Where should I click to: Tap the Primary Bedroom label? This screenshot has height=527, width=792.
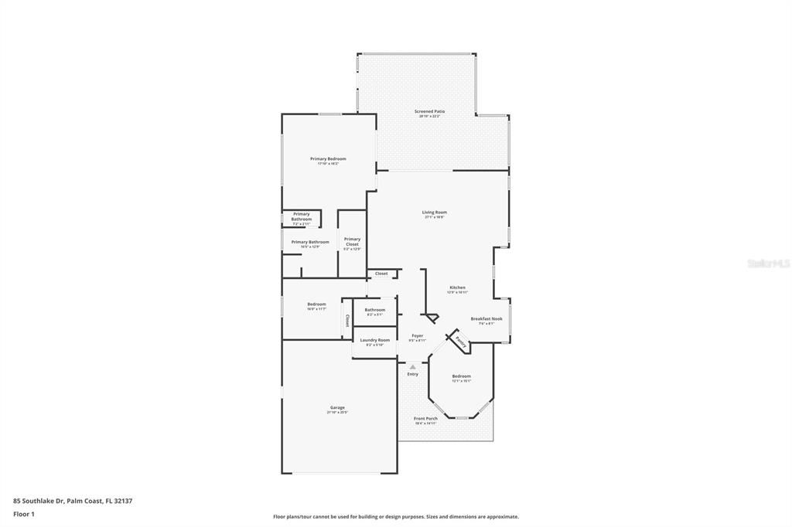click(328, 159)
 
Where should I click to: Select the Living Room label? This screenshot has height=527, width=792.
click(434, 212)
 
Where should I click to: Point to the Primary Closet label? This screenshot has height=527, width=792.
click(352, 242)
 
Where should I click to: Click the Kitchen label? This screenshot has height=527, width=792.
click(457, 287)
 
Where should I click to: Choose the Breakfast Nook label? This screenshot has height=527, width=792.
click(486, 318)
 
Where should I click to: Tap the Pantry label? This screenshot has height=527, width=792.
click(459, 341)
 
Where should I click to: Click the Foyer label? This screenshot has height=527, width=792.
click(417, 336)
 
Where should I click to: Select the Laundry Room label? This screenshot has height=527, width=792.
click(374, 340)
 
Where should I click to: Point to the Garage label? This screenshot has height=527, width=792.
click(337, 407)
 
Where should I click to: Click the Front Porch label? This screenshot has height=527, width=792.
click(425, 419)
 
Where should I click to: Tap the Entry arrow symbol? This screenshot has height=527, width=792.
click(412, 366)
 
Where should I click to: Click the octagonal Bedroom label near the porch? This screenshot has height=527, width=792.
click(461, 376)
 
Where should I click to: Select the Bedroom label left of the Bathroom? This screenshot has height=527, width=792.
click(316, 304)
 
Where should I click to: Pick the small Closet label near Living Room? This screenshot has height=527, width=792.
click(381, 274)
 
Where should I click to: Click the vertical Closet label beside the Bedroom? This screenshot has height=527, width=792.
click(347, 320)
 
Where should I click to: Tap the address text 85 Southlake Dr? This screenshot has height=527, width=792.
click(73, 501)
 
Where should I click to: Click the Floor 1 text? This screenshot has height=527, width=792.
click(24, 513)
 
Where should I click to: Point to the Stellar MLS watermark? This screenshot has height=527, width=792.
click(768, 263)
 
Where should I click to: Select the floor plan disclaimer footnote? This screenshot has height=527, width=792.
click(395, 516)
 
